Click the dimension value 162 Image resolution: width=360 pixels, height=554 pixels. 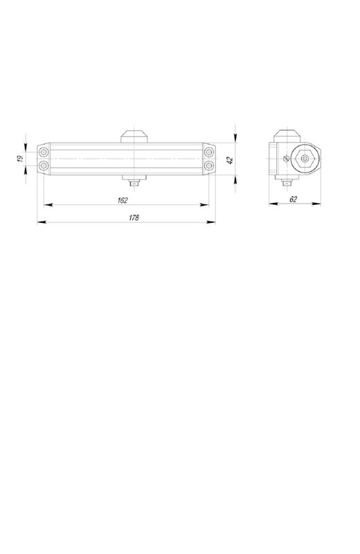(x=123, y=200)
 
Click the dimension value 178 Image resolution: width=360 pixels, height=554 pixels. (x=134, y=218)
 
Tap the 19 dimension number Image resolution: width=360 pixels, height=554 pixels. (x=20, y=159)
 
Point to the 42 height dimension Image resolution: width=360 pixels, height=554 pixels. (x=230, y=161)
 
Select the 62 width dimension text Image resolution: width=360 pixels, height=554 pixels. (x=294, y=199)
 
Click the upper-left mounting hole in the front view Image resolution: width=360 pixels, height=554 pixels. (x=44, y=152)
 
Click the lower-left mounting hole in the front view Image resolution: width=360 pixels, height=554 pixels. (x=44, y=166)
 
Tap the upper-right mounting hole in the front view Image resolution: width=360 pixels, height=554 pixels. (x=209, y=152)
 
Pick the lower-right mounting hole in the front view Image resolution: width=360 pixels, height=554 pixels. (x=209, y=166)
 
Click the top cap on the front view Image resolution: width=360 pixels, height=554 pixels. (x=134, y=136)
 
